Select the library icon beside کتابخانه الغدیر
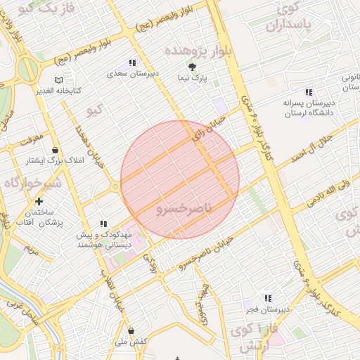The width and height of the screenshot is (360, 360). [58, 79]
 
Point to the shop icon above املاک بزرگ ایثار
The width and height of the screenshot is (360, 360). [55, 150]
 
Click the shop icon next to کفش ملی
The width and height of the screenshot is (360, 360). [131, 330]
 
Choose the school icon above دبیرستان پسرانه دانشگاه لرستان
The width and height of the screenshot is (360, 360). [308, 92]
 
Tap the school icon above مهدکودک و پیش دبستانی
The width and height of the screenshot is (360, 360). [103, 224]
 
